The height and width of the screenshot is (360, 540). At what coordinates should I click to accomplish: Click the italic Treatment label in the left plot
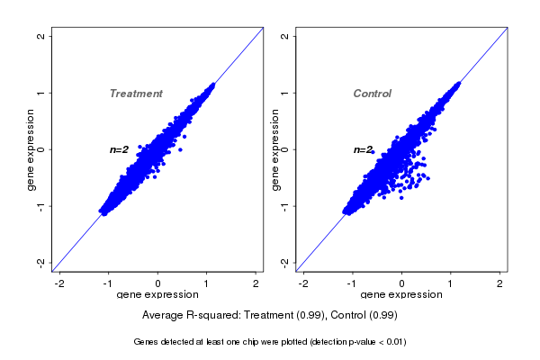coord(136,94)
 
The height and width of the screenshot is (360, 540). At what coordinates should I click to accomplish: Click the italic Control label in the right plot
coord(372,94)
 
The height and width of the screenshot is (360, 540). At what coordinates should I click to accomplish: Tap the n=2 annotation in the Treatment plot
coord(120,149)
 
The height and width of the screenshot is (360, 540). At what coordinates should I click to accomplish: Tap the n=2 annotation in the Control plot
coord(364,149)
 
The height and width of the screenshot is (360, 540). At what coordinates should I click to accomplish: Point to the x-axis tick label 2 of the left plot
coord(256,283)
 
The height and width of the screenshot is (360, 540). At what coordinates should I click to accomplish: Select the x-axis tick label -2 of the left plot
coord(60,283)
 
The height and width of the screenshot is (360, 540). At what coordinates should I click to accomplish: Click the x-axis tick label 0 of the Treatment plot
coord(158,283)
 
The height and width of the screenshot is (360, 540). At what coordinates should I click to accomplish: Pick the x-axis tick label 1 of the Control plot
coord(451,283)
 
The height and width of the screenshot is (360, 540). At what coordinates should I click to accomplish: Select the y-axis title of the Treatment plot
coord(31,149)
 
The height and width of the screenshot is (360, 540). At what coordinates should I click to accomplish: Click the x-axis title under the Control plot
coord(401,295)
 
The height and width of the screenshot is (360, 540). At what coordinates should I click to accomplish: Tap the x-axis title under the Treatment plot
coord(157,295)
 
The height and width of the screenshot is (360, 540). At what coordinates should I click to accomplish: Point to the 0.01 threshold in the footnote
coord(393,342)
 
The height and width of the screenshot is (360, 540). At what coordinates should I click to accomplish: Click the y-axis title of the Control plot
coord(275,149)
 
